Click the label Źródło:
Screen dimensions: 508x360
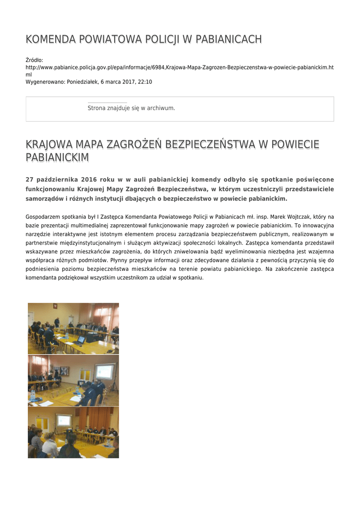click(x=34, y=60)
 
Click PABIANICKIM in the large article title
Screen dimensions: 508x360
click(x=57, y=158)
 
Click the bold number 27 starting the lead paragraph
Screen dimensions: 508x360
click(x=29, y=180)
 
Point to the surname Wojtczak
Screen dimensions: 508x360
click(x=295, y=217)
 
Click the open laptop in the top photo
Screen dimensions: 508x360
click(x=81, y=340)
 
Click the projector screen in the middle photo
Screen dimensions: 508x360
click(x=105, y=372)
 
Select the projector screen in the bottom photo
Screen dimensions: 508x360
click(x=64, y=421)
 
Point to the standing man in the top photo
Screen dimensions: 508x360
click(x=57, y=323)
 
